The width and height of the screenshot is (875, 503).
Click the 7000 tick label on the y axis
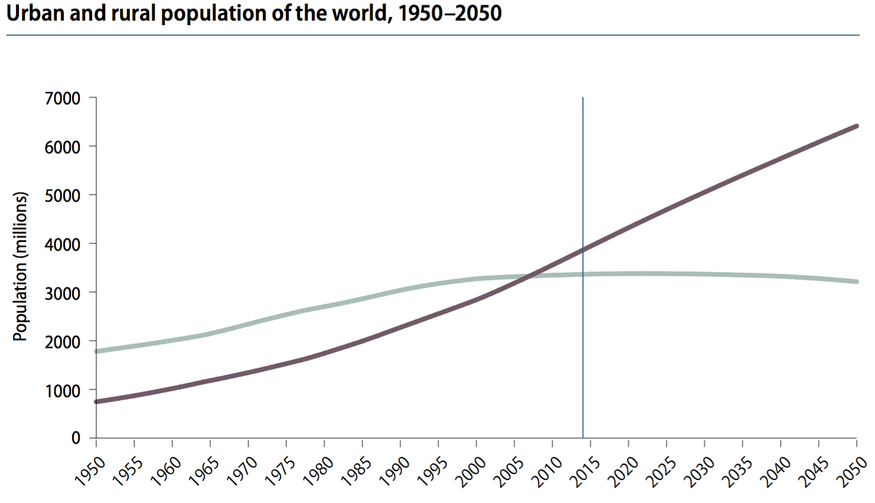click(62, 98)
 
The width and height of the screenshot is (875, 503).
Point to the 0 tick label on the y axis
click(76, 438)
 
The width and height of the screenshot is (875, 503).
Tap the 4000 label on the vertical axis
click(62, 244)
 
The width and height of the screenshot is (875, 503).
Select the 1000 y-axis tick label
click(62, 390)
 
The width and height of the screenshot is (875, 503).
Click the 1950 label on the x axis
click(90, 470)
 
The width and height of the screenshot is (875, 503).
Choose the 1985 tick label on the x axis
click(357, 470)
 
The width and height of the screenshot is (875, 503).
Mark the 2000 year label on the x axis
click(471, 470)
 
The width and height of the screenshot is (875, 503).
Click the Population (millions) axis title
click(21, 266)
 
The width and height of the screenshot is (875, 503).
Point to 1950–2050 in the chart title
click(449, 13)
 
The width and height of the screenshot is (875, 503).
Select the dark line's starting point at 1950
click(97, 401)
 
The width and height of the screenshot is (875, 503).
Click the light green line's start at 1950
click(97, 351)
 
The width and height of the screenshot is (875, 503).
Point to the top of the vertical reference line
click(583, 98)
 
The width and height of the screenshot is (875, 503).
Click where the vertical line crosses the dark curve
click(583, 249)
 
